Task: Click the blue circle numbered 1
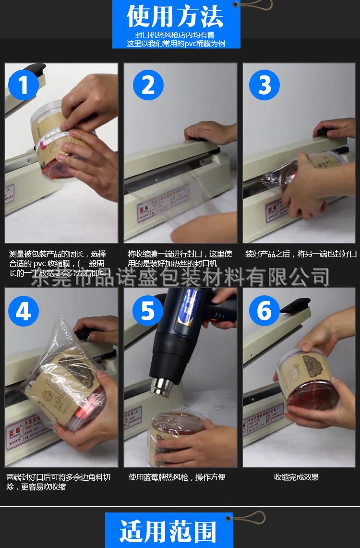24,85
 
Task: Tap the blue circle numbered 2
148,85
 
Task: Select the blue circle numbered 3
264,85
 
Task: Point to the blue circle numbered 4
24,311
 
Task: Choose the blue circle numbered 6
264,311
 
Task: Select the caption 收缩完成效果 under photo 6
296,477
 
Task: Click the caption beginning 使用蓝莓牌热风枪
177,477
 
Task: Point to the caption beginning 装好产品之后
301,254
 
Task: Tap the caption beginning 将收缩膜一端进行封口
180,258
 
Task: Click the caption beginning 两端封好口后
58,482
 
